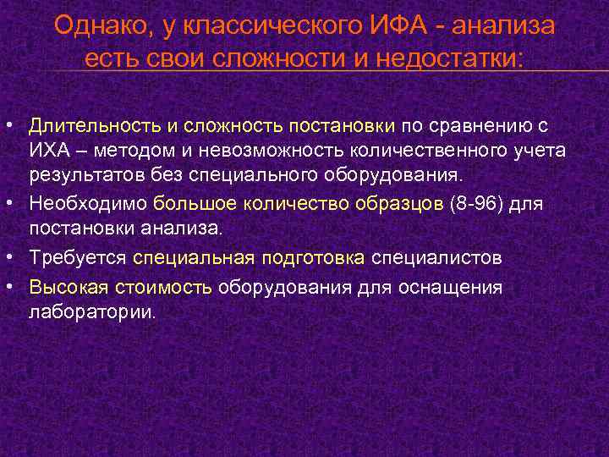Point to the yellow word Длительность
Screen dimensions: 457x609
pyautogui.click(x=94, y=126)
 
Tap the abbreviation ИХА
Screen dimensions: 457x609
pyautogui.click(x=49, y=151)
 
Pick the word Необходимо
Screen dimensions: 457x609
pyautogui.click(x=89, y=203)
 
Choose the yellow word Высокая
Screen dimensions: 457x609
pyautogui.click(x=64, y=286)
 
